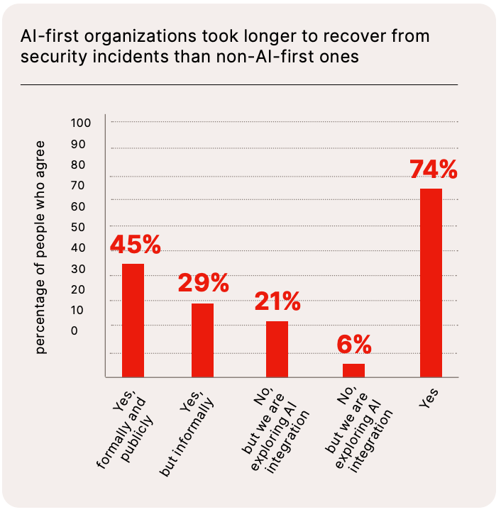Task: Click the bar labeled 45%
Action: click(133, 321)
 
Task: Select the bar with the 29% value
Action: click(202, 340)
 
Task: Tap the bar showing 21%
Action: click(277, 349)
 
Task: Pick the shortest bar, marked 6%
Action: click(353, 370)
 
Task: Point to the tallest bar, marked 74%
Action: click(431, 282)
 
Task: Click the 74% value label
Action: click(433, 171)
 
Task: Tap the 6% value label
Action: click(353, 345)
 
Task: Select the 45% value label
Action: click(136, 245)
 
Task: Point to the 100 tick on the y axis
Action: click(82, 123)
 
